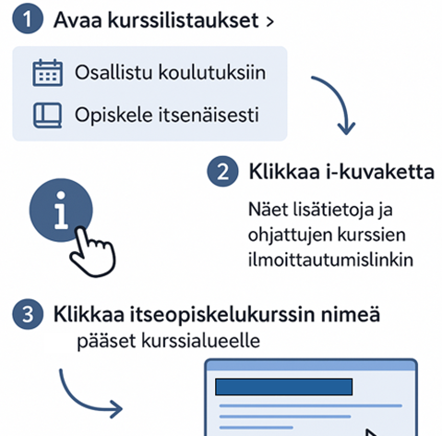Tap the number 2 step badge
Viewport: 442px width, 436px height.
(x=221, y=171)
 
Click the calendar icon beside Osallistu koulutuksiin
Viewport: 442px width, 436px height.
(x=46, y=73)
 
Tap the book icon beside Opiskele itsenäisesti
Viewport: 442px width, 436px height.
(x=46, y=116)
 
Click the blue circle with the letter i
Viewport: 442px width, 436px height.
(x=62, y=212)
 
